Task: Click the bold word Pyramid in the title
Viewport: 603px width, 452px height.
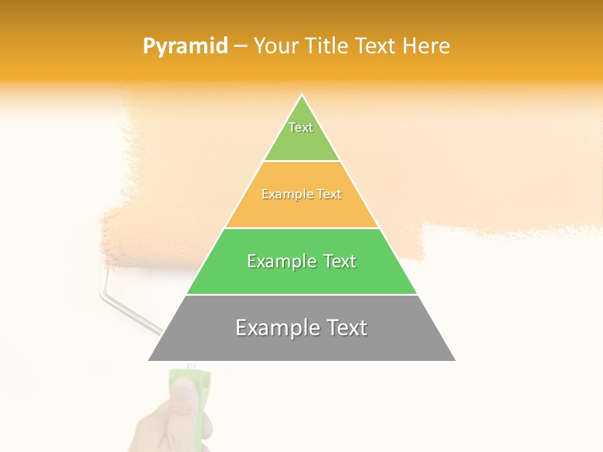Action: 185,46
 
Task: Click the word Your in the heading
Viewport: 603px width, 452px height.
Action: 276,46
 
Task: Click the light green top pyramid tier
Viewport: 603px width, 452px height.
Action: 301,135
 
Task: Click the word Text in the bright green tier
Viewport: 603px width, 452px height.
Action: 335,261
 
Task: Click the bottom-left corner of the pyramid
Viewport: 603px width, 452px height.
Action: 148,360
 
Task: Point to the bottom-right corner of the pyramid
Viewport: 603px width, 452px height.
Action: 455,360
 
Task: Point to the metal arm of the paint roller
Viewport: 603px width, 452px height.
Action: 126,308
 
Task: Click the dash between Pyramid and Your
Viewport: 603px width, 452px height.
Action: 240,46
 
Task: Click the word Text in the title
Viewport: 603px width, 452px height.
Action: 376,46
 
